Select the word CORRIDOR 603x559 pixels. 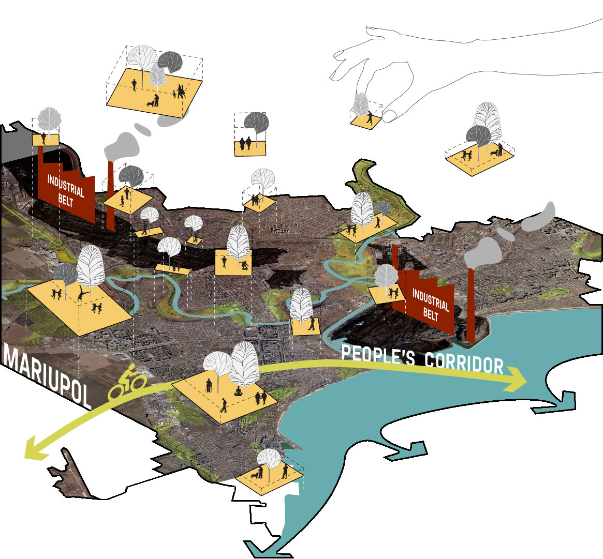point(464,362)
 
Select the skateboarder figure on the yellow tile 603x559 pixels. point(243,265)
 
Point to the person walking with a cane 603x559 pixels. point(209,385)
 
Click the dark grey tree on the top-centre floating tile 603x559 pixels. point(256,123)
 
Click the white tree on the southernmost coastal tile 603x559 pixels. point(269,458)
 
